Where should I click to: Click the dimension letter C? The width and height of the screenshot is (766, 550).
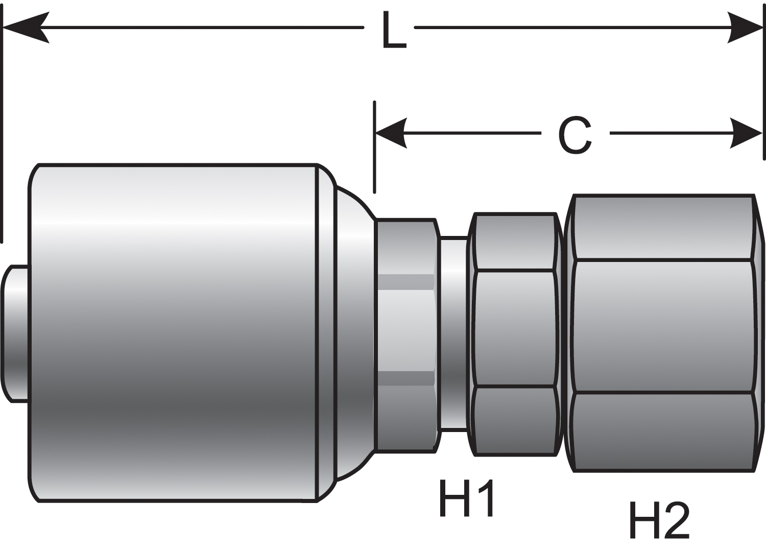575,135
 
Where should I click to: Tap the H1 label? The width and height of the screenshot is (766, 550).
467,498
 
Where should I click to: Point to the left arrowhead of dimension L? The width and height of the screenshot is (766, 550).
26,28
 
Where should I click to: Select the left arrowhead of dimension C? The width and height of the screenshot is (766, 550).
391,133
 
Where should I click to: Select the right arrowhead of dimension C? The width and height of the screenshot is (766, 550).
746,133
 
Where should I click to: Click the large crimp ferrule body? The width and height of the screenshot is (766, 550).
174,332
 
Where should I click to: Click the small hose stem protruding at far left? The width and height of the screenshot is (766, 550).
15,333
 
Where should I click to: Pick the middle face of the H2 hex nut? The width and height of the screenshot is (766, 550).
663,327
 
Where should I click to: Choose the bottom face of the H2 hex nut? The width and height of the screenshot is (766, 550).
663,432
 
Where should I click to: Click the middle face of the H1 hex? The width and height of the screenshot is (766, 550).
515,328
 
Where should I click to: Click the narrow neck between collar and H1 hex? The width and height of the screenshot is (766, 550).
453,333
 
